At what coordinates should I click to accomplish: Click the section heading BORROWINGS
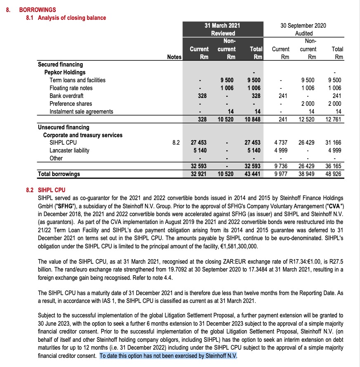click(x=37, y=10)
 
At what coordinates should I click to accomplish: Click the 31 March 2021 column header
click(x=223, y=26)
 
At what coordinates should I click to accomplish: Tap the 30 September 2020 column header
click(x=303, y=26)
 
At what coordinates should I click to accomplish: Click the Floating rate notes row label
click(x=71, y=88)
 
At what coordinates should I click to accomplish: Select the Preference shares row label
click(x=71, y=104)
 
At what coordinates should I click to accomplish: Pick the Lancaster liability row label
click(x=69, y=150)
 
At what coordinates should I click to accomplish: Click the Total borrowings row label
click(x=59, y=174)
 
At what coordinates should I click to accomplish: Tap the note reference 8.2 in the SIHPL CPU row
click(x=176, y=143)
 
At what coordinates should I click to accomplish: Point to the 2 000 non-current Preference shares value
click(x=307, y=104)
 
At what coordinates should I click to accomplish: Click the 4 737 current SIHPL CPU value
click(x=281, y=143)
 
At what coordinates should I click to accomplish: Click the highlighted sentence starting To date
click(x=168, y=355)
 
